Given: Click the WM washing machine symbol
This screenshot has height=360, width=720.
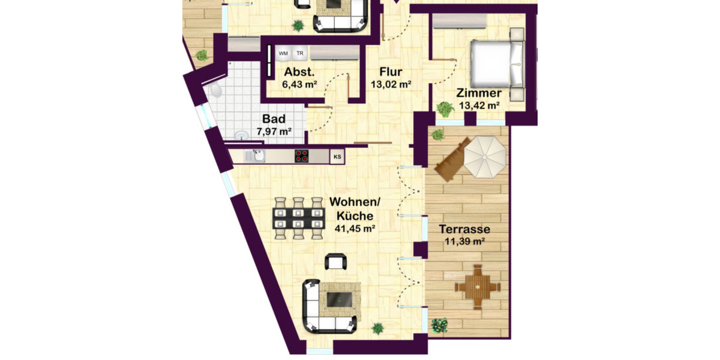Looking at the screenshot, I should click(283, 53).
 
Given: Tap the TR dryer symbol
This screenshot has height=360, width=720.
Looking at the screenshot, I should click(299, 53).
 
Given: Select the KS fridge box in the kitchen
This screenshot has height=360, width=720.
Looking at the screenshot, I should click(338, 157).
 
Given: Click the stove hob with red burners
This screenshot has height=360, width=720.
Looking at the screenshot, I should click(302, 156).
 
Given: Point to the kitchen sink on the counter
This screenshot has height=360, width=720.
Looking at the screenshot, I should click(257, 156).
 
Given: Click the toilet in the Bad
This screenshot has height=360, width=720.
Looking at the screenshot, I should click(215, 90).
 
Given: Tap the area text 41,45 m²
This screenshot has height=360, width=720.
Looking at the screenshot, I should click(355, 228).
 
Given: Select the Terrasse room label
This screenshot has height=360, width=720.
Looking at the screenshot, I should click(464, 229).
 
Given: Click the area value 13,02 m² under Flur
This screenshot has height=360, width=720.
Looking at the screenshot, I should click(391, 85).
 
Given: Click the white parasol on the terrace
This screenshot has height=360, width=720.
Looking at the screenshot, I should click(486, 157).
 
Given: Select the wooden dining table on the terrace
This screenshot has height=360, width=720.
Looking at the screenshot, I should click(478, 287).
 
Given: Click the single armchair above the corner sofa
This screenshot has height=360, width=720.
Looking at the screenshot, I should click(336, 262).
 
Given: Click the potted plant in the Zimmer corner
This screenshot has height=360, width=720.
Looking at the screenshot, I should click(445, 109).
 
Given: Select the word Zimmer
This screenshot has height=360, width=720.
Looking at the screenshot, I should click(479, 94).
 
